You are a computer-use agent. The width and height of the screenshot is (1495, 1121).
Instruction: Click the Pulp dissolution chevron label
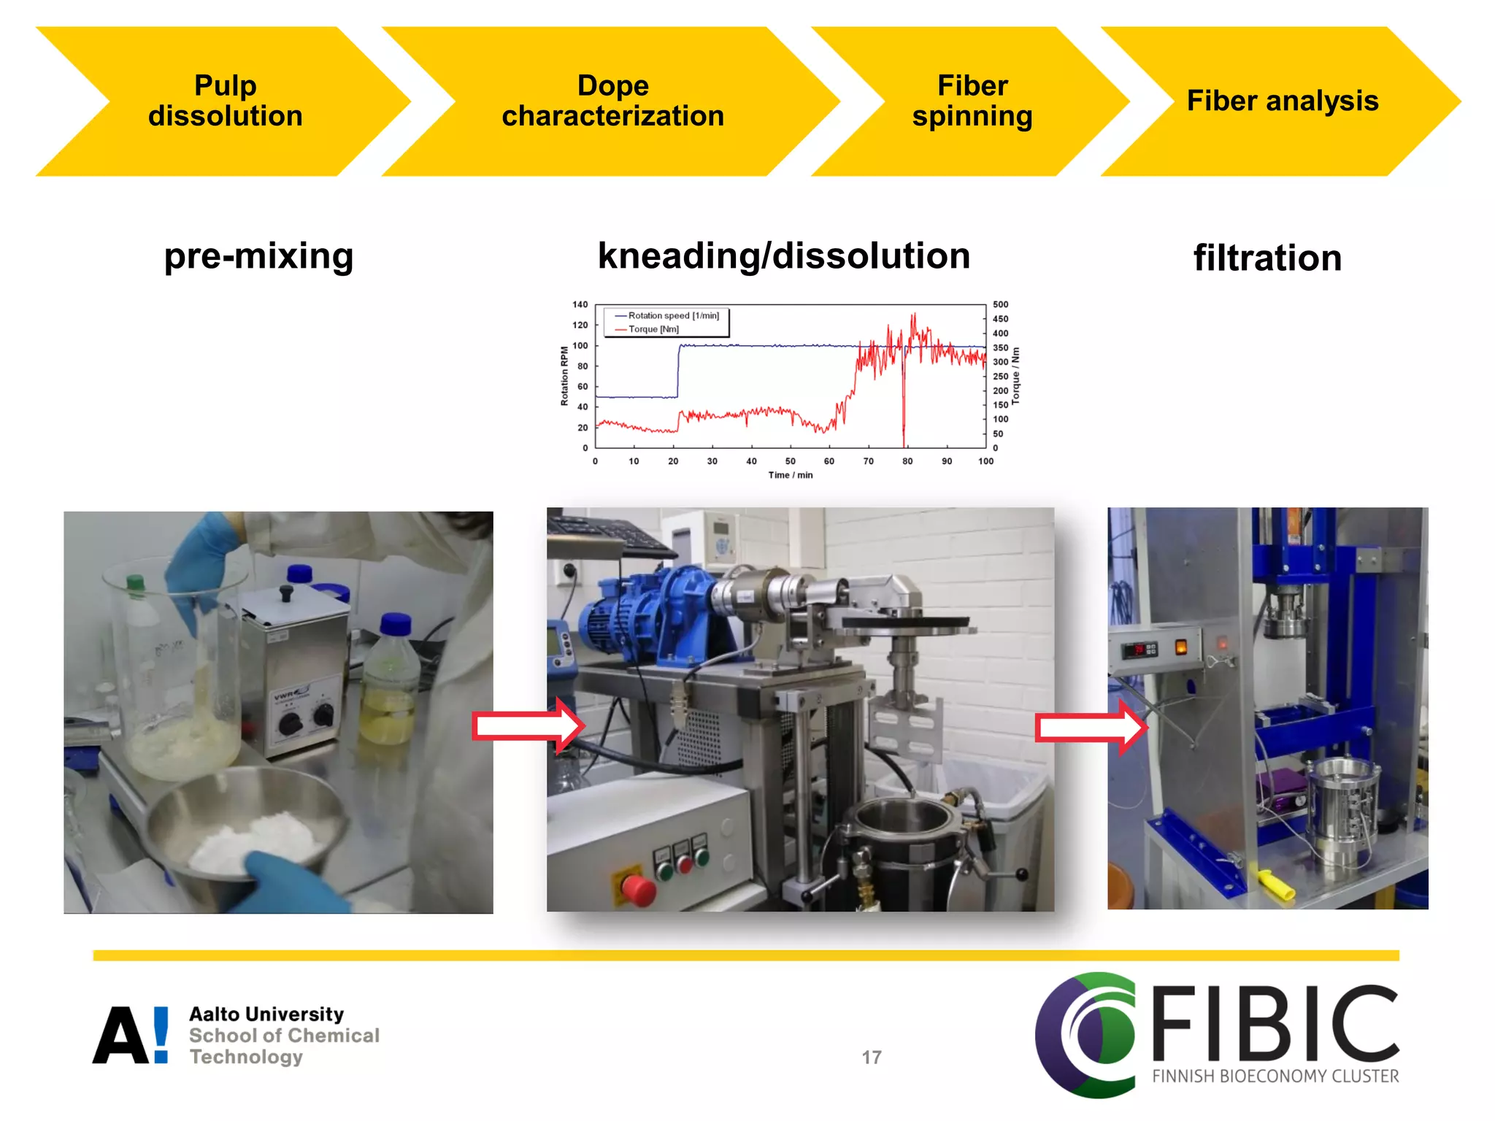(x=225, y=101)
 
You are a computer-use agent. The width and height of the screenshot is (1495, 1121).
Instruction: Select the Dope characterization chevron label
(x=612, y=101)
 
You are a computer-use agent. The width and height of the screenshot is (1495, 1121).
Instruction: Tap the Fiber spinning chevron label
(x=972, y=101)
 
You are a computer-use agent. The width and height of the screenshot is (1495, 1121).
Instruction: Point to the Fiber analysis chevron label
(x=1282, y=101)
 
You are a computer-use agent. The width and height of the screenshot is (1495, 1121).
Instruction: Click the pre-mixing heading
(x=258, y=256)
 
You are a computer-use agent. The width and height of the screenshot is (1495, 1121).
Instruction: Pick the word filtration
(x=1267, y=258)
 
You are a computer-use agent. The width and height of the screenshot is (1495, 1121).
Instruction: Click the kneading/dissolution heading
(x=783, y=255)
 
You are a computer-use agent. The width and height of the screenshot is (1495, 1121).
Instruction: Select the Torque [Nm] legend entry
(x=653, y=329)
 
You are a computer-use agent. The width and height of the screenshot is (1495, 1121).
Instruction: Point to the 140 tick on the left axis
(x=580, y=304)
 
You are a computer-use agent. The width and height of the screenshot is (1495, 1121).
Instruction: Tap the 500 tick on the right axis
(x=1000, y=304)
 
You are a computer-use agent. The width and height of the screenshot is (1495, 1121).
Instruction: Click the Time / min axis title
(x=790, y=475)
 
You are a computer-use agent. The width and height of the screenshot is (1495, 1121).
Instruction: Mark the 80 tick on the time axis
(x=907, y=461)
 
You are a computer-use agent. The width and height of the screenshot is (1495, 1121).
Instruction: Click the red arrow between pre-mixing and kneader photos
(x=528, y=725)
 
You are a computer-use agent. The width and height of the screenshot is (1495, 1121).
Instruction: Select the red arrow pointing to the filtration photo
(x=1091, y=727)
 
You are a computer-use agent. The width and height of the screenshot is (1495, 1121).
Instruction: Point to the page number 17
(x=872, y=1058)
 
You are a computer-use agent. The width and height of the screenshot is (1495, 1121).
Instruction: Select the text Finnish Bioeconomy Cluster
(x=1275, y=1076)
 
